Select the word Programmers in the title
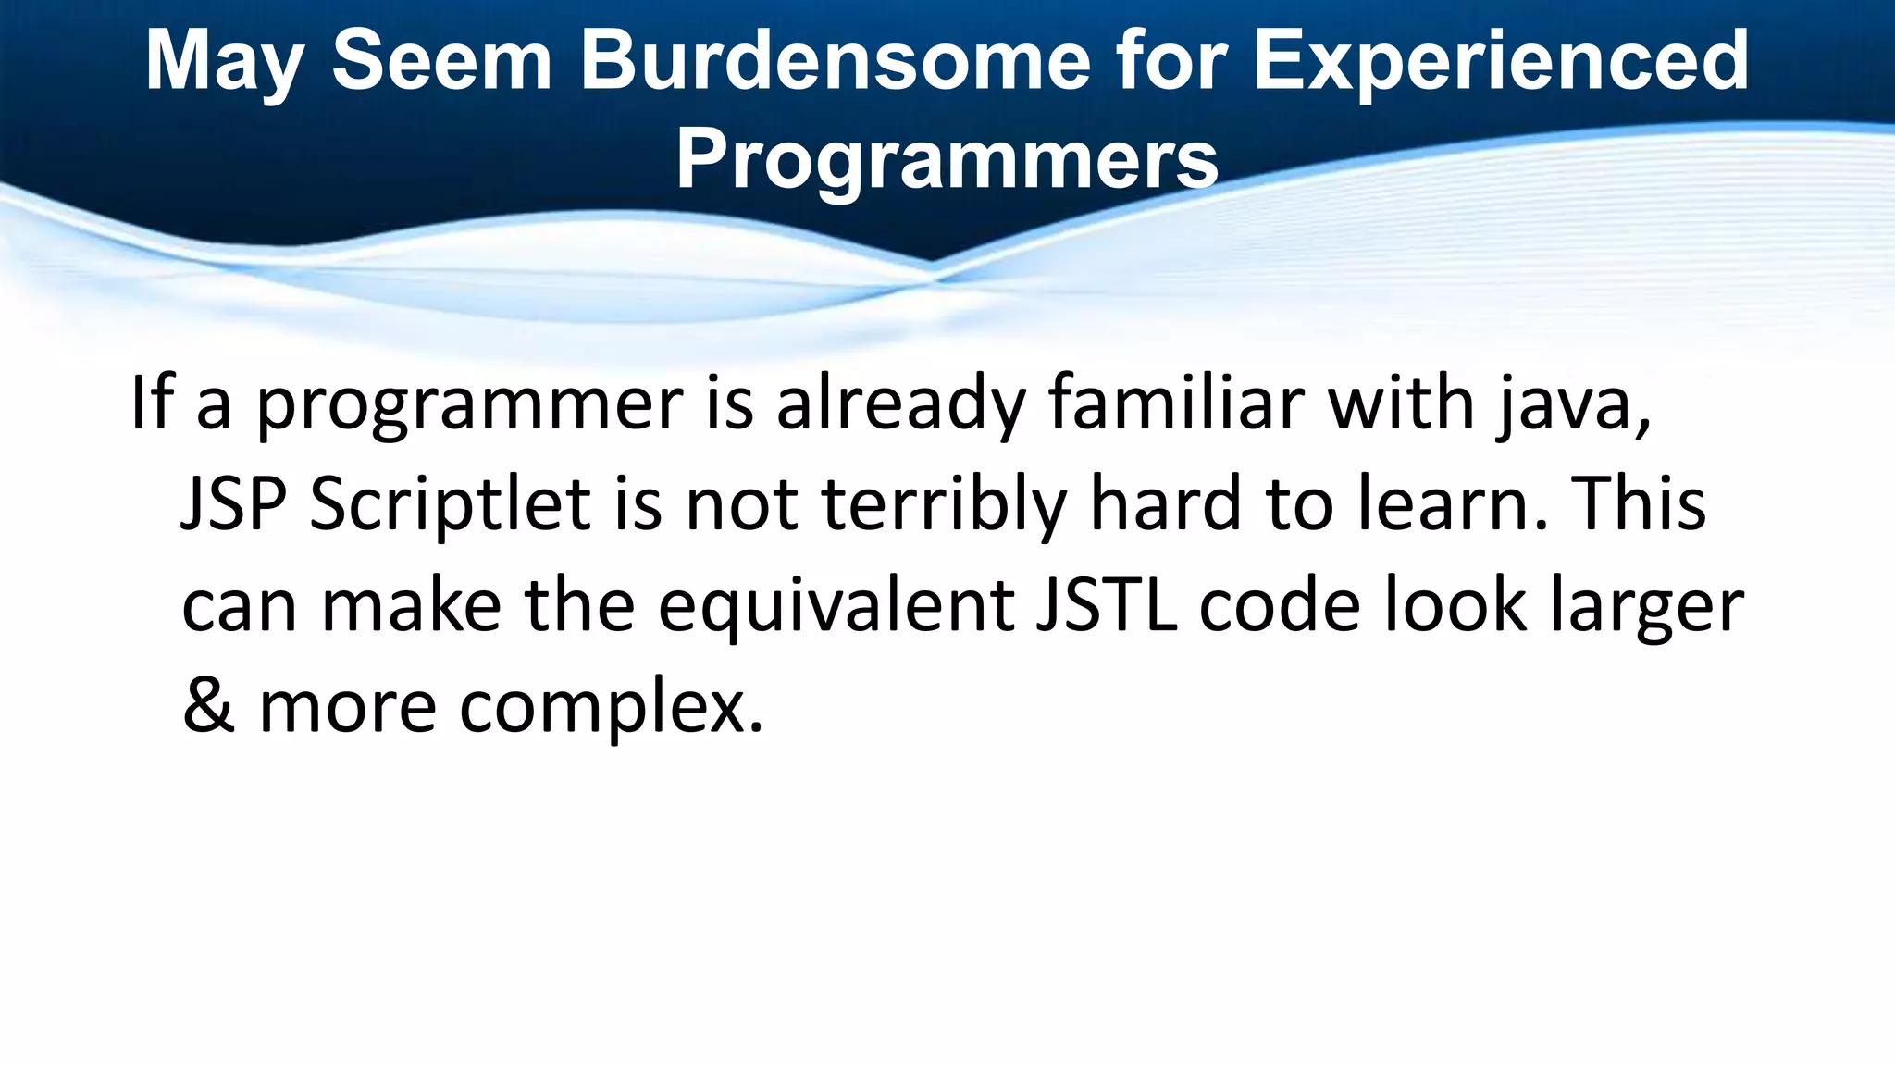point(947,159)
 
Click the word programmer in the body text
point(469,405)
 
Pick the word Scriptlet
point(450,506)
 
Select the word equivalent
point(836,607)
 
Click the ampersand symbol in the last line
point(208,707)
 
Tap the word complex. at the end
point(612,709)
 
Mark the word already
point(900,405)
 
